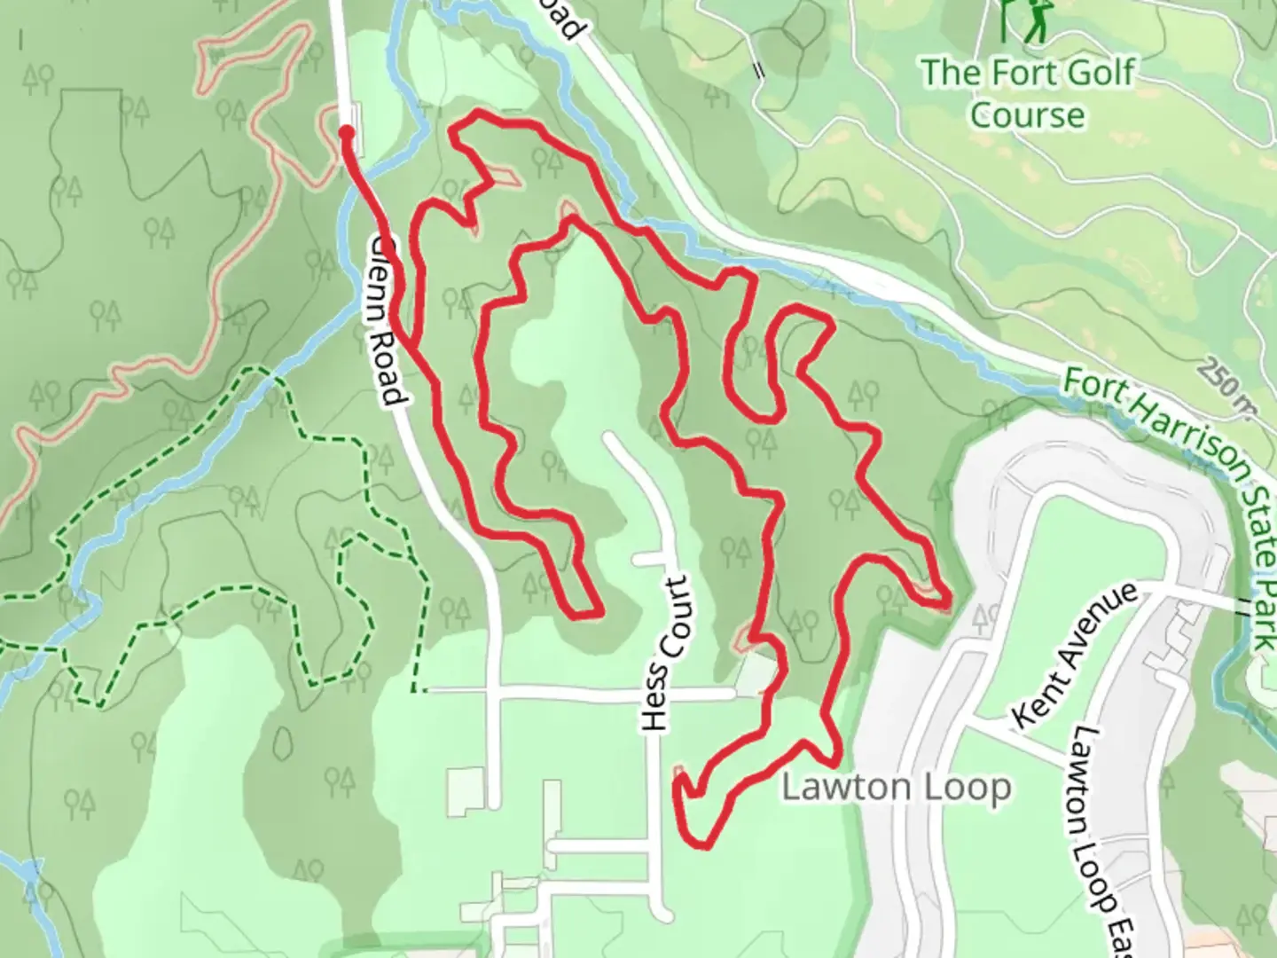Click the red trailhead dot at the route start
coord(346,133)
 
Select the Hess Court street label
coord(667,655)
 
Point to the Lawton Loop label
coord(896,788)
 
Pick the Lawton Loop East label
coord(1093,843)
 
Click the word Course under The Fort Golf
coord(1027,115)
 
